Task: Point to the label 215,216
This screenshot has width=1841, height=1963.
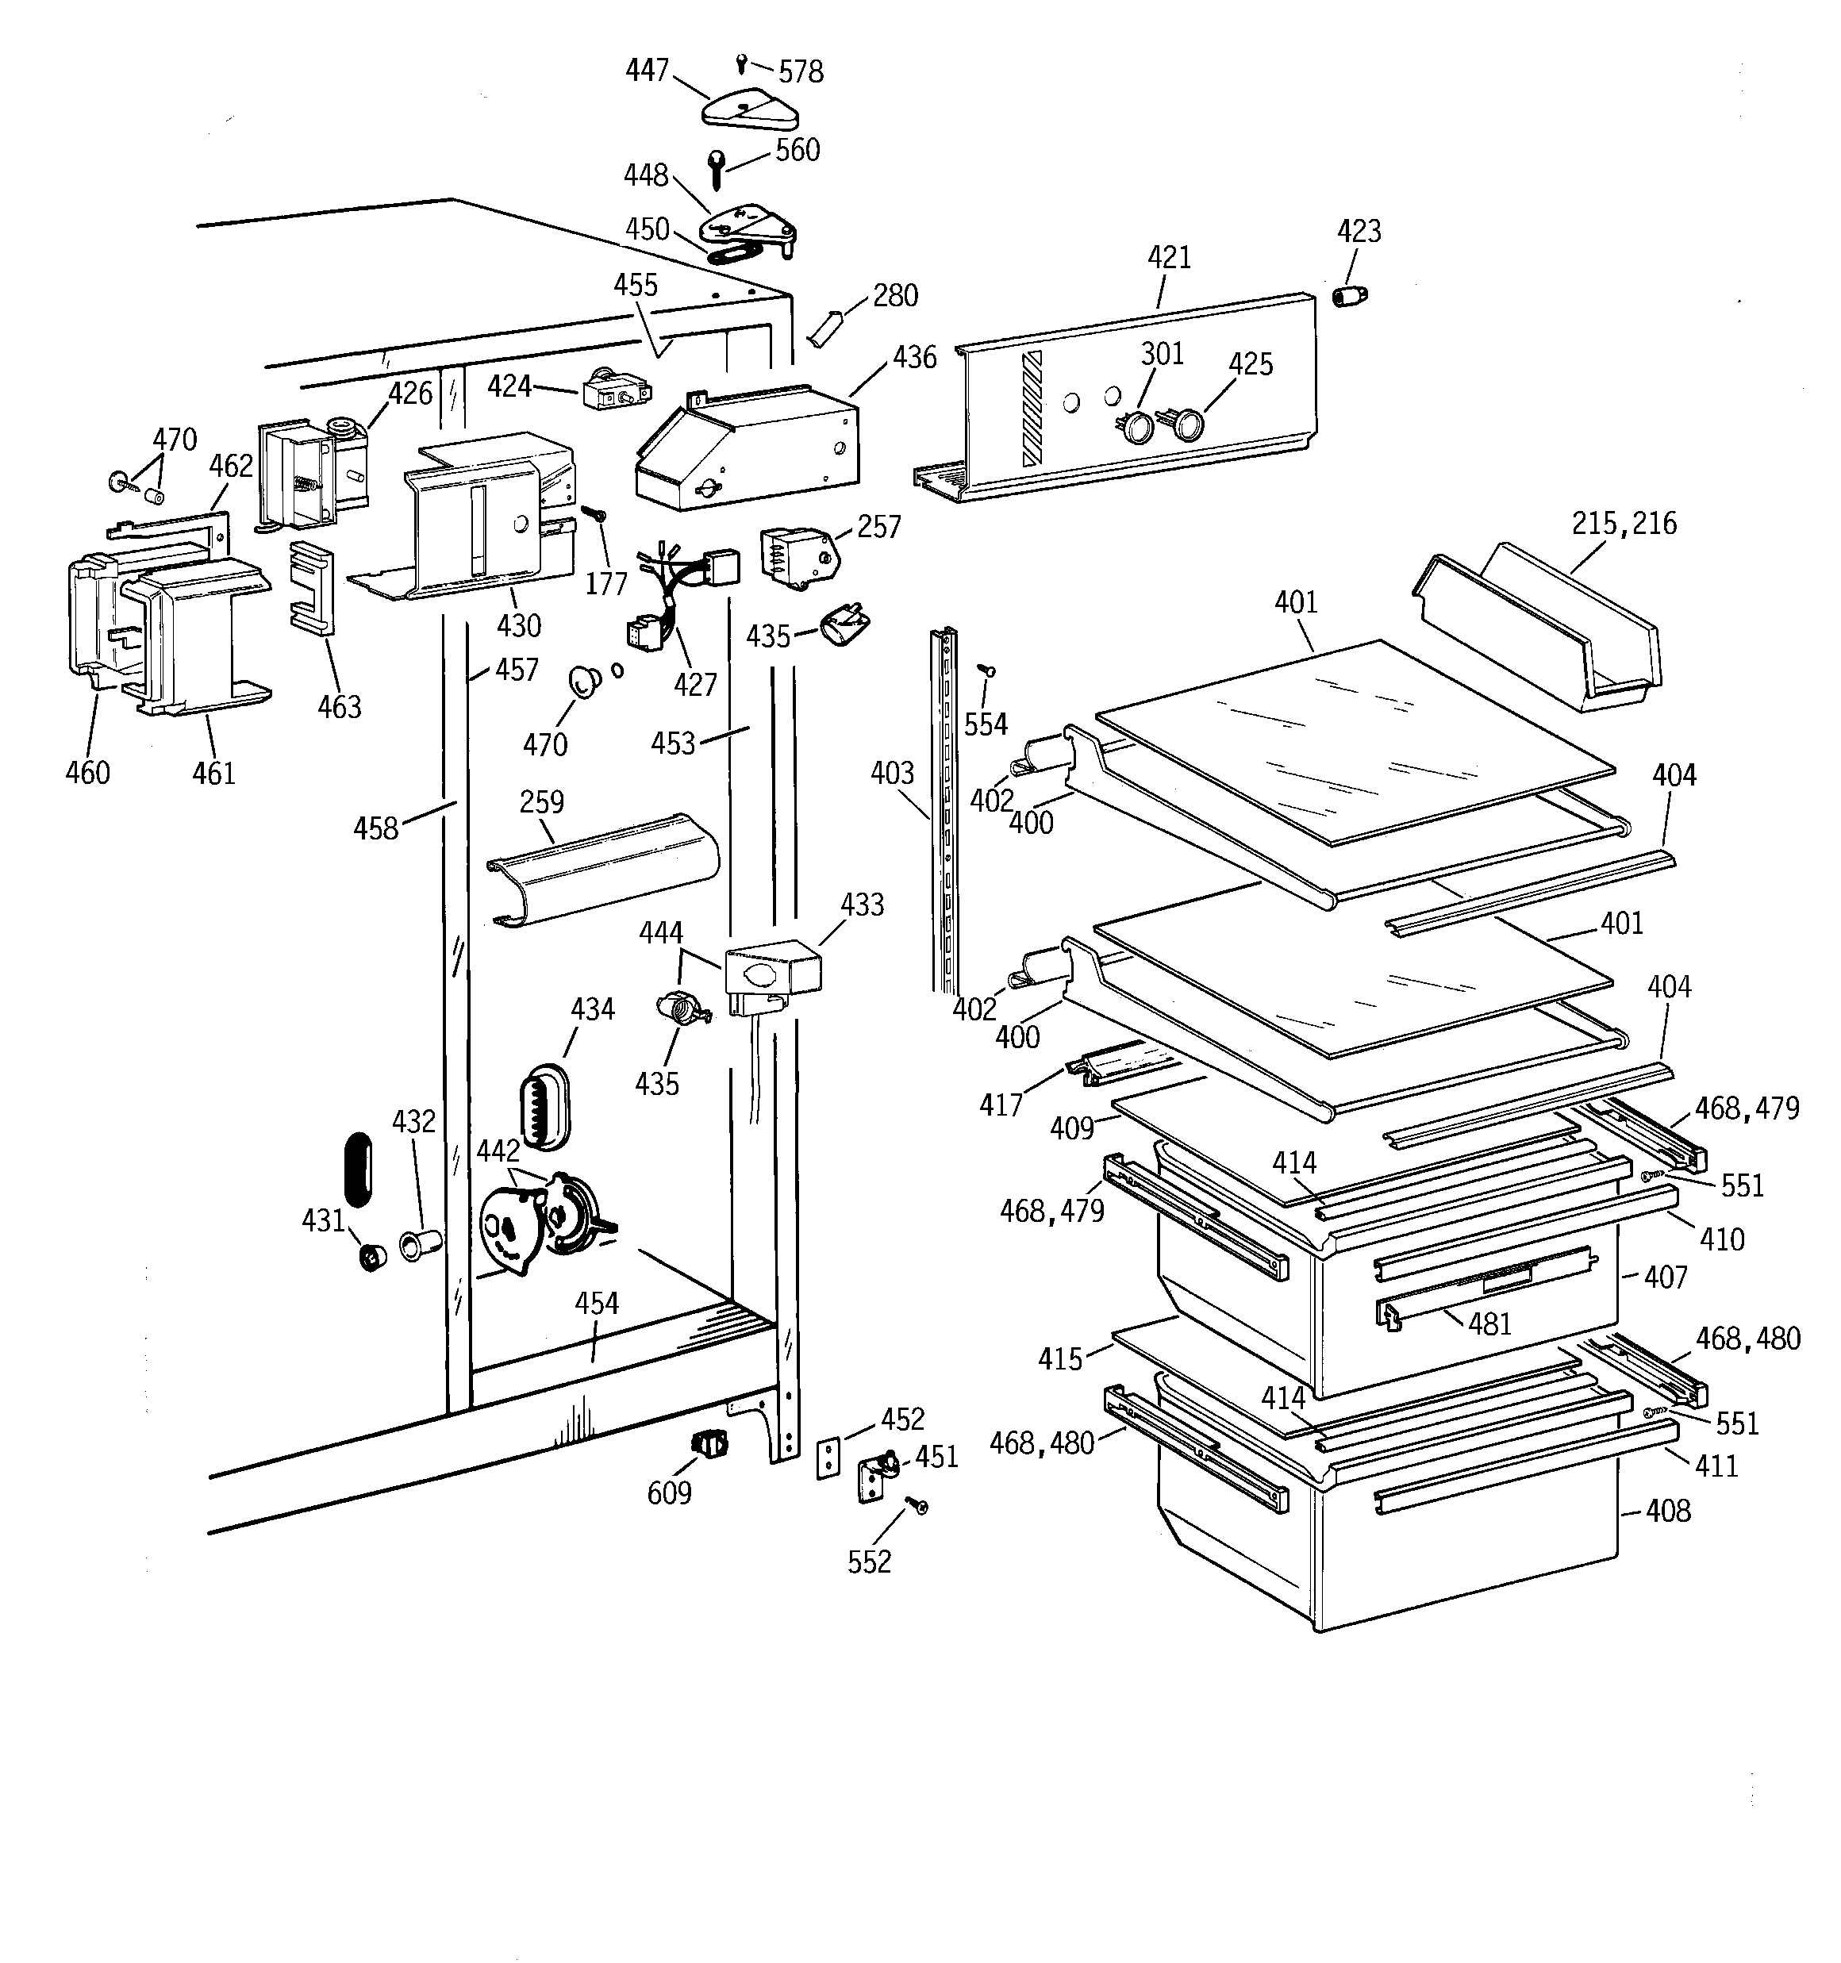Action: [x=1624, y=524]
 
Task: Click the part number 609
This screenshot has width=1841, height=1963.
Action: [x=669, y=1493]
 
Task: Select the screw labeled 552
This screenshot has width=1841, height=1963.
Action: [x=919, y=1506]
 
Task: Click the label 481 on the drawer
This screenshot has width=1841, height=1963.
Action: [x=1489, y=1323]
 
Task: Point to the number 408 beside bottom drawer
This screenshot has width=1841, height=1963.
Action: [x=1668, y=1511]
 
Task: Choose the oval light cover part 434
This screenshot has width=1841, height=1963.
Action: [x=544, y=1106]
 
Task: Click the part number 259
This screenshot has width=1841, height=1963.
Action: [x=541, y=802]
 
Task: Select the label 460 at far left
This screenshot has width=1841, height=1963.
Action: [x=87, y=772]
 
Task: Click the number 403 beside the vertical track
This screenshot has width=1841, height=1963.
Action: [x=892, y=772]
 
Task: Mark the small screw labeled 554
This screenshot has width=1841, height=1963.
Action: [x=986, y=671]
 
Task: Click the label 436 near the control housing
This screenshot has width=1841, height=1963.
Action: [x=913, y=357]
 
